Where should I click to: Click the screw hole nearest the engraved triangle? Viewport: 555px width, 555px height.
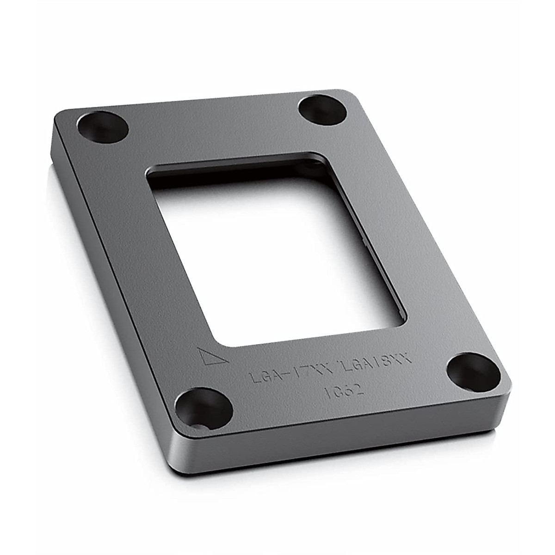click(203, 407)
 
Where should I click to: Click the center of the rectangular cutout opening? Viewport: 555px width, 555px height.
click(277, 250)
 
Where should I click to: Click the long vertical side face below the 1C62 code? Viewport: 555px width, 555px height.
click(342, 444)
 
